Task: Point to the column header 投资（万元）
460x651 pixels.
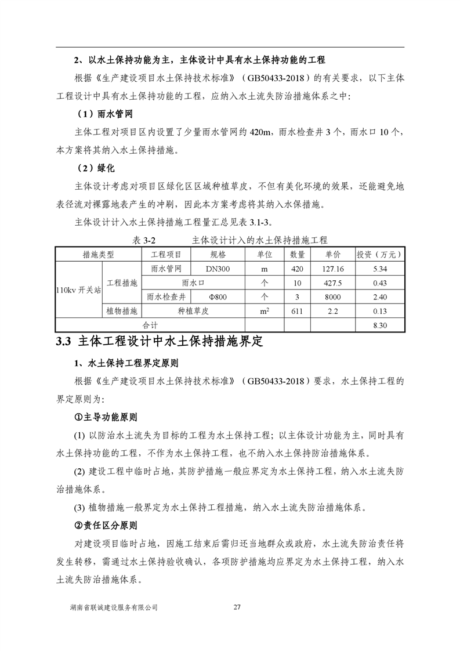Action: tap(380, 255)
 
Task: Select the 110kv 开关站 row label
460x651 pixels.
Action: tap(78, 290)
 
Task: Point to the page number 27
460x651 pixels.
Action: tap(236, 607)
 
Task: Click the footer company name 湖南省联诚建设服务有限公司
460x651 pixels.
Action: tap(113, 607)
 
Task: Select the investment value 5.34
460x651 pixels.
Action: tap(380, 269)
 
